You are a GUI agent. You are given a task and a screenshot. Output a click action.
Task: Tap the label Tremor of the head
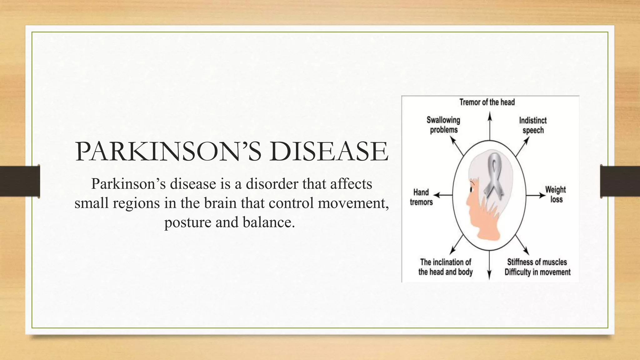(x=487, y=102)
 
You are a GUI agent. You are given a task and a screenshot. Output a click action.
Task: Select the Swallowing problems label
(x=443, y=125)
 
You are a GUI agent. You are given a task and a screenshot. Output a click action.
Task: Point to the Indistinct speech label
(x=533, y=125)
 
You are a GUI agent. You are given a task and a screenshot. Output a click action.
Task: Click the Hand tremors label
(x=421, y=197)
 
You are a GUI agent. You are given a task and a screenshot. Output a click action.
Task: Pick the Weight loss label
(x=556, y=194)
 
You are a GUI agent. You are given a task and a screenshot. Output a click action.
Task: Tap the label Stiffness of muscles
(x=537, y=262)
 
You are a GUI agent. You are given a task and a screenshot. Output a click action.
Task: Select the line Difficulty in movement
(x=537, y=272)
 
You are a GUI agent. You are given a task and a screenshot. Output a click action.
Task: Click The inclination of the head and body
(x=445, y=267)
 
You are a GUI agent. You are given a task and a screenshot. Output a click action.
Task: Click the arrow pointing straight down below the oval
(x=489, y=266)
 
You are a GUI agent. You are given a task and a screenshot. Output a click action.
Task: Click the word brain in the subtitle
(x=218, y=203)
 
